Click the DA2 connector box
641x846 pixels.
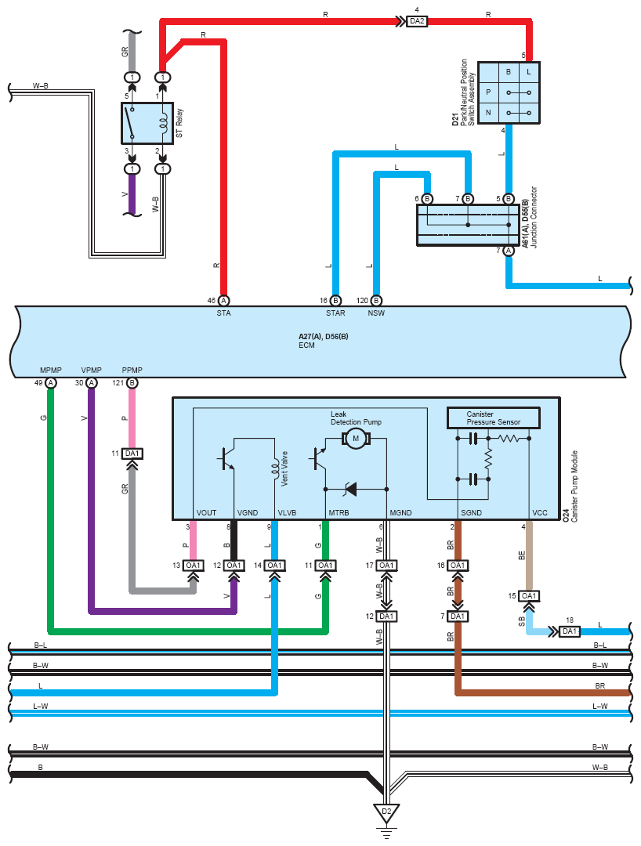(417, 21)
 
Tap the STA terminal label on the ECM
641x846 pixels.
(223, 313)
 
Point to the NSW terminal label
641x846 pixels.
(376, 313)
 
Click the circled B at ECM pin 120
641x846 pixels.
(376, 301)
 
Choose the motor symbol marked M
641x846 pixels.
(356, 439)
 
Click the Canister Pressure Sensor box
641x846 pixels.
(493, 418)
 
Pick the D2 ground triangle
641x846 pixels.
(386, 813)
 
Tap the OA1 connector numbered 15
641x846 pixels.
(529, 595)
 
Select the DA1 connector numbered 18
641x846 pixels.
(569, 631)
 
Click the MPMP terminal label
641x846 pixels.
(51, 370)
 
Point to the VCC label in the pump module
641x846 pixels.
(540, 512)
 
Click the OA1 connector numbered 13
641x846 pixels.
(194, 566)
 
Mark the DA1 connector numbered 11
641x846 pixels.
(132, 454)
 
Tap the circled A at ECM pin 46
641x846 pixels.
(223, 301)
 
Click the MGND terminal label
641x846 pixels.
(400, 512)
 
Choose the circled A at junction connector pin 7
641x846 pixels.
(509, 251)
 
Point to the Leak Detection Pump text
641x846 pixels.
(356, 418)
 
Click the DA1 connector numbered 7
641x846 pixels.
(458, 616)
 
